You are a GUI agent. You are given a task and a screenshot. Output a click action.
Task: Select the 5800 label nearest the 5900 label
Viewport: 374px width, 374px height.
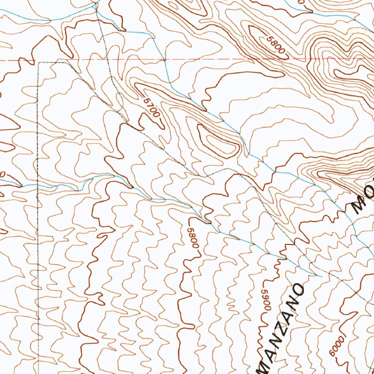tap(193, 238)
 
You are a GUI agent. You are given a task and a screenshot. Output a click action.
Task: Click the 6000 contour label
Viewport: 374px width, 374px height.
tap(336, 345)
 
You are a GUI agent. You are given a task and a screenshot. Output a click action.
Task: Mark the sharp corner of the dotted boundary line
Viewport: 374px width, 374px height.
tap(39, 63)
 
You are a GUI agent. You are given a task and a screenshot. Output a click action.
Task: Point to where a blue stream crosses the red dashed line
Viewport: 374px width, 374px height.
tap(164, 60)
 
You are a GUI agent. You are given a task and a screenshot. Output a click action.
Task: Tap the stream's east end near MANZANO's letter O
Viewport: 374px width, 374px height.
tap(321, 276)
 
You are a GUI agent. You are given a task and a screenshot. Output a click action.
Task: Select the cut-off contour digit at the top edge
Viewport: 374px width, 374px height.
tap(301, 2)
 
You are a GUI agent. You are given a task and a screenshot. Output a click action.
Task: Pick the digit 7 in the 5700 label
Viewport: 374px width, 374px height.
tap(150, 105)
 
